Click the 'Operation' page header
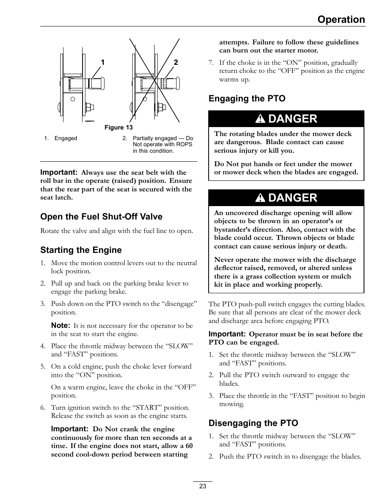point(341,20)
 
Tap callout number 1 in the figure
point(103,62)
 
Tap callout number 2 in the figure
point(176,62)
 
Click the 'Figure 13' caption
point(118,127)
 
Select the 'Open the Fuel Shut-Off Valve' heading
point(101,217)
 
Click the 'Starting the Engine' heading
point(81,250)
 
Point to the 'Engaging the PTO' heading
point(247,99)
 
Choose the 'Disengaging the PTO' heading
point(253,423)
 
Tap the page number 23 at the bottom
point(203,486)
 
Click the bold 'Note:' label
point(61,325)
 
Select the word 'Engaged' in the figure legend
point(65,138)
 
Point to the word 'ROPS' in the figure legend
point(185,144)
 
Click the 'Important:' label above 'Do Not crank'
point(70,429)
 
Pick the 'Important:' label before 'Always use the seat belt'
point(59,172)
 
